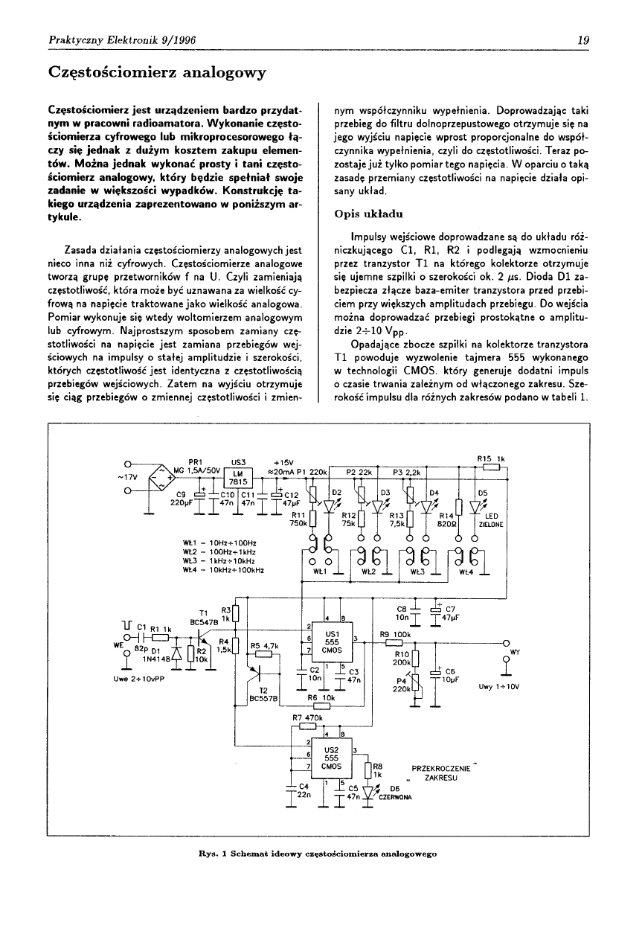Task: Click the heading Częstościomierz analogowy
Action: pos(157,73)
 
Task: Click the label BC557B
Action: pos(263,699)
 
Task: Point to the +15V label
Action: pos(284,460)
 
